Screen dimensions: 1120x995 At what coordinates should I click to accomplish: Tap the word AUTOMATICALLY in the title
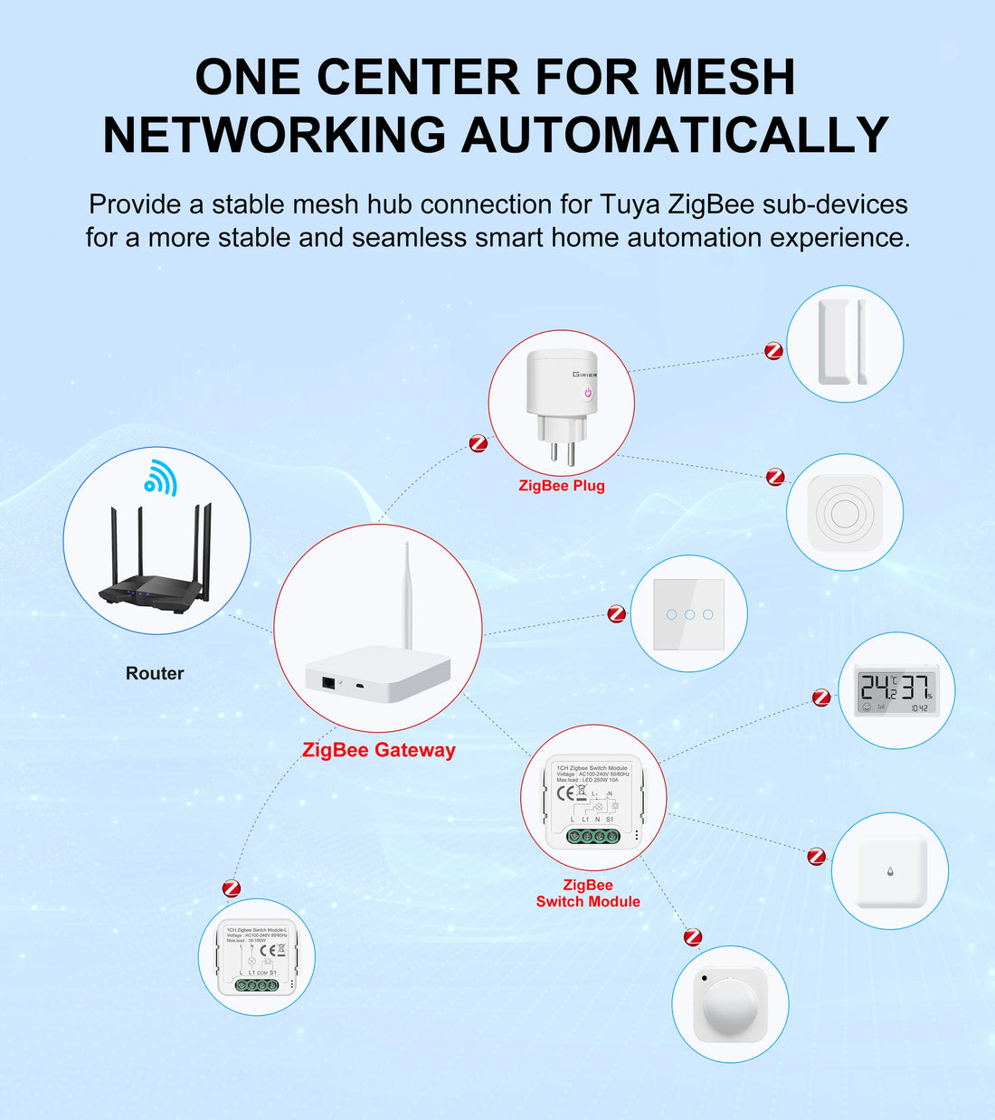coord(675,136)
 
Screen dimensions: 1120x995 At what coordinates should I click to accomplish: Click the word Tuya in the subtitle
coord(630,204)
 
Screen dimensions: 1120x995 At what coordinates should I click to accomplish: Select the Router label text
coord(155,673)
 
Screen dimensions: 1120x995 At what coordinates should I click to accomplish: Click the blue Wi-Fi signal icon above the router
coord(161,477)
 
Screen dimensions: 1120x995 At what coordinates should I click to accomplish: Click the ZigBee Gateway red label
coord(378,750)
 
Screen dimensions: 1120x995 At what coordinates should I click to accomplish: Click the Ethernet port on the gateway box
coord(327,682)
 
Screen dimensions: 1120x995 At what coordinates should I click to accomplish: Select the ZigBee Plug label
coord(561,486)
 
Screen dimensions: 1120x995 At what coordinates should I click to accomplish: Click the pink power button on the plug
coord(588,393)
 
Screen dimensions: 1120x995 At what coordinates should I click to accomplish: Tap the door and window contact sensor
coord(844,343)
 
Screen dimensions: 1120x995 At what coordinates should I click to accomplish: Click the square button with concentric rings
coord(845,513)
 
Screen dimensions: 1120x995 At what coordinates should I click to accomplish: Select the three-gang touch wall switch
coord(688,614)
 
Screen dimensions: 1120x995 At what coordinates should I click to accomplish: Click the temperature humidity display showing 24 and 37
coord(897,690)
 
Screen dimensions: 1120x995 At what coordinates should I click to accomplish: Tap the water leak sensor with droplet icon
coord(890,871)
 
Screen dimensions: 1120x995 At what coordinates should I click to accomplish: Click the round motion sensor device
coord(730,1004)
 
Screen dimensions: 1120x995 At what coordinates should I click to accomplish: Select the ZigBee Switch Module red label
coord(588,894)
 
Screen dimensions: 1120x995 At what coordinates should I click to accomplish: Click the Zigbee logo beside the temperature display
coord(821,698)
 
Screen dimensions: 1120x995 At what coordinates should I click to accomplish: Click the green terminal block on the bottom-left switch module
coord(257,985)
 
